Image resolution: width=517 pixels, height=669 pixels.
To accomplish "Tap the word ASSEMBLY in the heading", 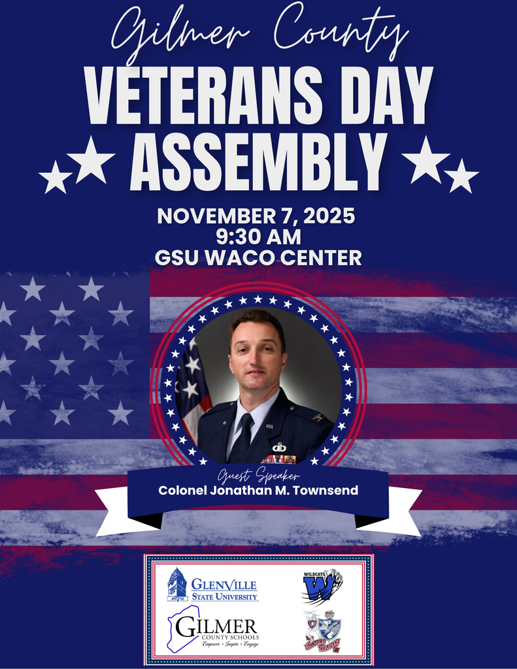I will pyautogui.click(x=258, y=160).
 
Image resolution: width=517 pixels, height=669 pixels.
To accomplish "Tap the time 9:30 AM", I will pyautogui.click(x=258, y=236).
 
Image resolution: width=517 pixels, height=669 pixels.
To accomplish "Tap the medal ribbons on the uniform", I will pyautogui.click(x=279, y=459).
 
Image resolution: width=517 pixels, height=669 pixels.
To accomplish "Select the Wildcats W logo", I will pyautogui.click(x=322, y=586).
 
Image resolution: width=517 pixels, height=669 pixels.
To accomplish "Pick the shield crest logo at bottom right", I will pyautogui.click(x=323, y=632).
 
